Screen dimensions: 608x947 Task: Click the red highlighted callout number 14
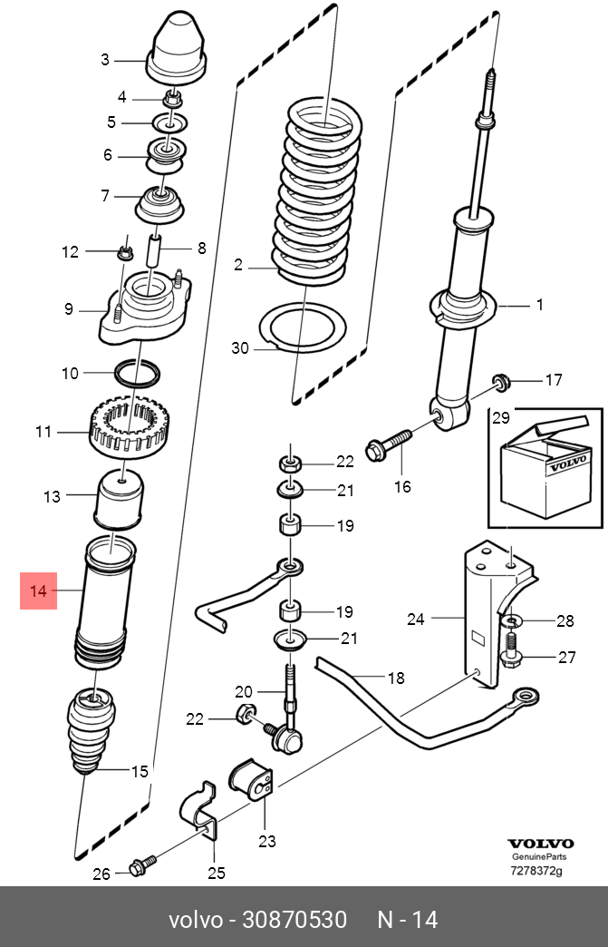click(x=38, y=591)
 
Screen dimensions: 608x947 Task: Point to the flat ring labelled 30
click(x=303, y=327)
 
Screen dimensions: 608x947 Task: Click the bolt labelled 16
click(x=389, y=444)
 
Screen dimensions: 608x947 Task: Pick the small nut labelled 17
click(x=501, y=382)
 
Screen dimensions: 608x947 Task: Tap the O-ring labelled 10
click(x=138, y=374)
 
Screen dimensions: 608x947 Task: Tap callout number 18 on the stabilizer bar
click(x=396, y=679)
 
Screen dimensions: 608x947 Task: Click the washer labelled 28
click(x=511, y=620)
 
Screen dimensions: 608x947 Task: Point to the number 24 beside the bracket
click(x=416, y=619)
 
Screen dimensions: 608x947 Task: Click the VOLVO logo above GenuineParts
click(x=540, y=844)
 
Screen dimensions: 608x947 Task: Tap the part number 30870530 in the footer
click(x=294, y=920)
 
